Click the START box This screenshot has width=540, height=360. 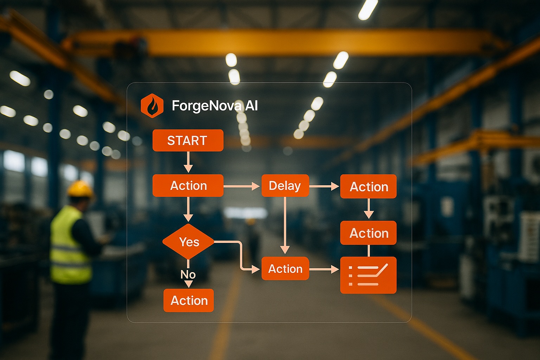coord(188,140)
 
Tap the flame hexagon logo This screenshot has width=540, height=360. coord(152,105)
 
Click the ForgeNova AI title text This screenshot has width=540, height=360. coord(214,105)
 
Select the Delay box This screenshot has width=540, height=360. coord(285,186)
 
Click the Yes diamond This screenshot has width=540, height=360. coord(188,242)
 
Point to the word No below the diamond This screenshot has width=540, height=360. coord(188,274)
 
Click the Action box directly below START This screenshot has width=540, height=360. coord(188,186)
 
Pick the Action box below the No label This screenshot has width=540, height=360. coord(188,300)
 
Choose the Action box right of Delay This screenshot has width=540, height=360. coord(368,186)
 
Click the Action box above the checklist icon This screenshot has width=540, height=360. coord(368,233)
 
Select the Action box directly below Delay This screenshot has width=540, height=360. coord(285,269)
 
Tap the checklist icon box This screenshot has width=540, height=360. coord(368,275)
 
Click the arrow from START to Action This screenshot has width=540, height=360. coord(188,162)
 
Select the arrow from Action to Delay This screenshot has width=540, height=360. coord(242,186)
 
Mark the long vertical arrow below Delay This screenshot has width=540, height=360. coord(285,225)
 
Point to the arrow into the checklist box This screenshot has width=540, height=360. coord(324,269)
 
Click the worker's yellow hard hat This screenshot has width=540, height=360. coord(80,189)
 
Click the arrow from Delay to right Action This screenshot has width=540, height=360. coord(324,186)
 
